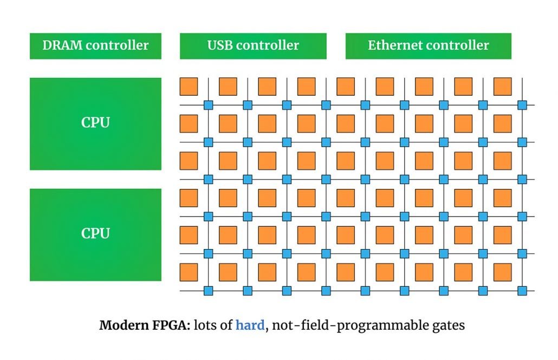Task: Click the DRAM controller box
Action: [x=95, y=46]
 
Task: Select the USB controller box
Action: [x=253, y=46]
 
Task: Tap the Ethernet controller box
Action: [x=428, y=46]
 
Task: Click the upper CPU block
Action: [x=95, y=123]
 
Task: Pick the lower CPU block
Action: [x=95, y=234]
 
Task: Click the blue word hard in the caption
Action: [x=250, y=325]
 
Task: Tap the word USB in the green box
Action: [x=220, y=45]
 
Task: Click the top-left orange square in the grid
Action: [x=189, y=87]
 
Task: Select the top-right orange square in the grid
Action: [x=502, y=87]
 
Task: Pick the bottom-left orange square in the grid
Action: [x=189, y=272]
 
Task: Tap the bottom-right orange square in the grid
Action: [x=502, y=272]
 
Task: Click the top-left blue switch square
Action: [x=208, y=105]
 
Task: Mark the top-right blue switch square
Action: [x=522, y=105]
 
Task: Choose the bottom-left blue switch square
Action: [x=208, y=291]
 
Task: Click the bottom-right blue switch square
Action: [x=522, y=291]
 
